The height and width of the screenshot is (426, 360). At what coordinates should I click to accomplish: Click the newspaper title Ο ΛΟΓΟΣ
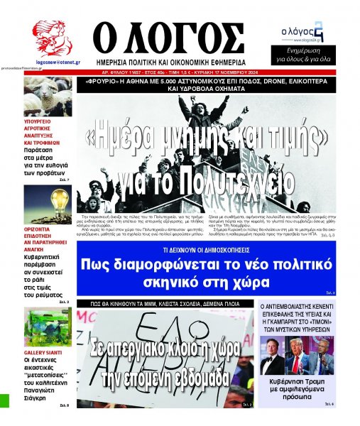pos(170,35)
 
